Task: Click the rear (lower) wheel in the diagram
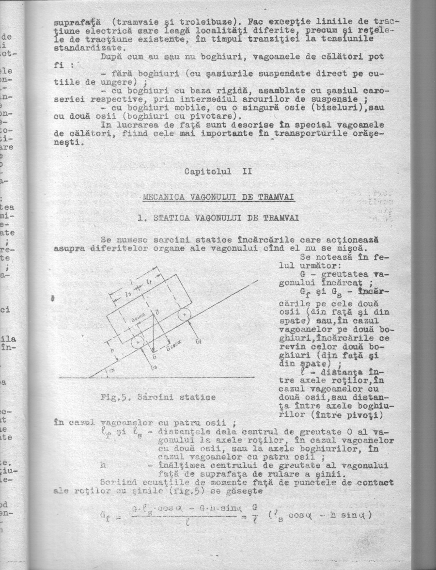coord(137,342)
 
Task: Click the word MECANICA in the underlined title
coord(162,198)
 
